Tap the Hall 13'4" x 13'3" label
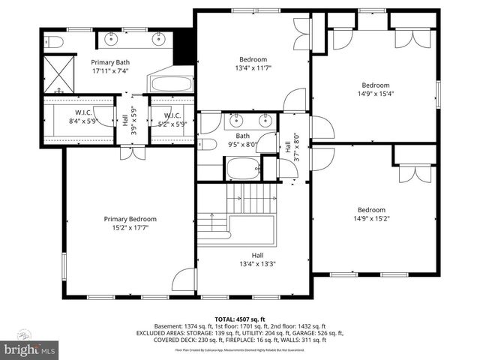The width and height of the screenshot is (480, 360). click(257, 259)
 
